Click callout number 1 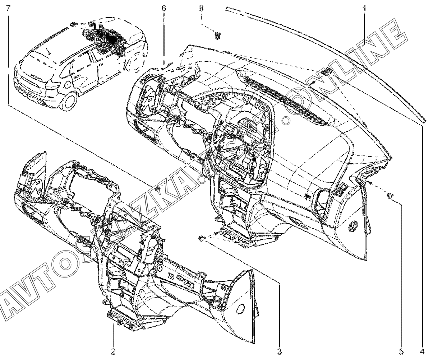click(x=364, y=8)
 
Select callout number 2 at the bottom click(x=113, y=350)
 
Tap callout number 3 click(x=280, y=350)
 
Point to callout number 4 click(x=423, y=350)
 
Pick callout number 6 click(x=164, y=8)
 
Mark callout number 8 click(x=201, y=8)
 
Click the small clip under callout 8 click(x=217, y=35)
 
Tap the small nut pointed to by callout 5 click(x=390, y=196)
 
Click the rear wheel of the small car click(x=68, y=102)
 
